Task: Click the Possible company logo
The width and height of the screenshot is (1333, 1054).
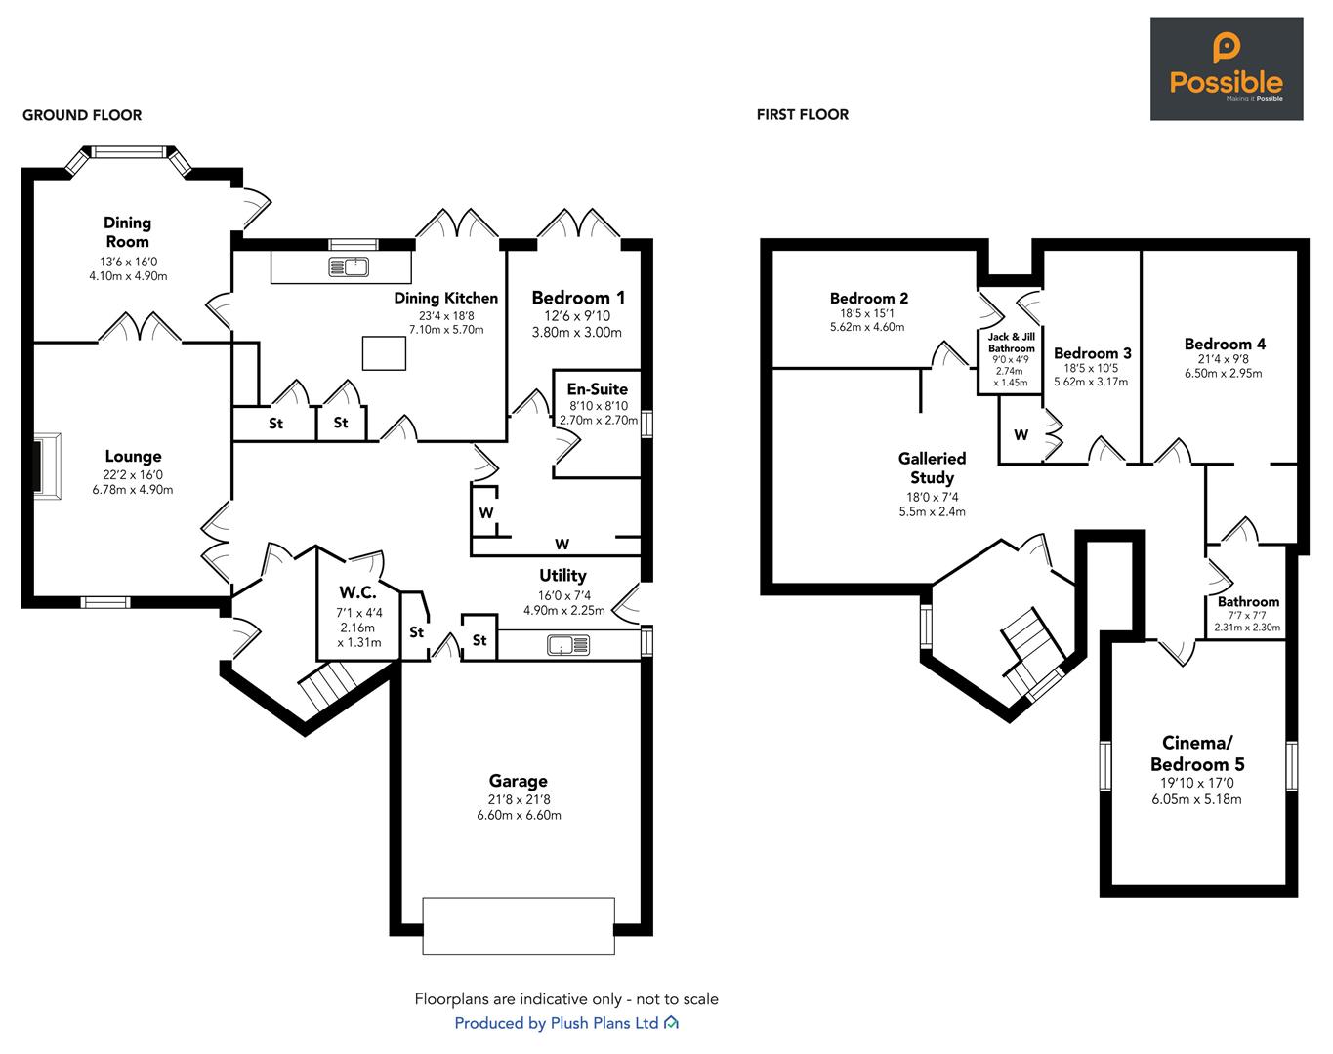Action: [x=1227, y=68]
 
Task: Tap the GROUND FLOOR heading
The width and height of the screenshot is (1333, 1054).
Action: [x=82, y=115]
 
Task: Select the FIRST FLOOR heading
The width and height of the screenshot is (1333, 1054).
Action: [x=803, y=114]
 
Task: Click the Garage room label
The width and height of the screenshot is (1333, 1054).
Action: [x=519, y=781]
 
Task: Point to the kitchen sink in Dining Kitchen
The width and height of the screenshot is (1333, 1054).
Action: [x=348, y=266]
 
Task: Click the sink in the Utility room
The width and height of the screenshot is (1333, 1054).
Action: [x=568, y=645]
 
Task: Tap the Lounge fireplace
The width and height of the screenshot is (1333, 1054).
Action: [x=47, y=466]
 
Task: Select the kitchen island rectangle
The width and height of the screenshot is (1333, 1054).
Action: [x=384, y=353]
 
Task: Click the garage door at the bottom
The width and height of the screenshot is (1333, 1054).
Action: [x=519, y=926]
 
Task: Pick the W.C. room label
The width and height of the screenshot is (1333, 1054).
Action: [x=357, y=592]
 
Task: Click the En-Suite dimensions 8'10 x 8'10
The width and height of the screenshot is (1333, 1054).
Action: [x=599, y=406]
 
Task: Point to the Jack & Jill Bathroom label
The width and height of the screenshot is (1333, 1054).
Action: [x=1012, y=343]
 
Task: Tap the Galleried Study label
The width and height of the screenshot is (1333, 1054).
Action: [x=933, y=468]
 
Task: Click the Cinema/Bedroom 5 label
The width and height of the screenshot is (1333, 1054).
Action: [x=1197, y=753]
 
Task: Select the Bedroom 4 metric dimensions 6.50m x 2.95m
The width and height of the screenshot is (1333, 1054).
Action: [x=1224, y=374]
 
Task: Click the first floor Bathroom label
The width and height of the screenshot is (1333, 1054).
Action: [x=1248, y=602]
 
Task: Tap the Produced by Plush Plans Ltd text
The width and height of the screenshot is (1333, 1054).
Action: [x=557, y=1023]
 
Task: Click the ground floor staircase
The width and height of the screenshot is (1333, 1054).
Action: [x=328, y=685]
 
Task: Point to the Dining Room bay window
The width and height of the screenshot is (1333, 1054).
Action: [x=130, y=158]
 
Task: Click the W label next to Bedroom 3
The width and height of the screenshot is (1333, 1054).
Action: [x=1021, y=434]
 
